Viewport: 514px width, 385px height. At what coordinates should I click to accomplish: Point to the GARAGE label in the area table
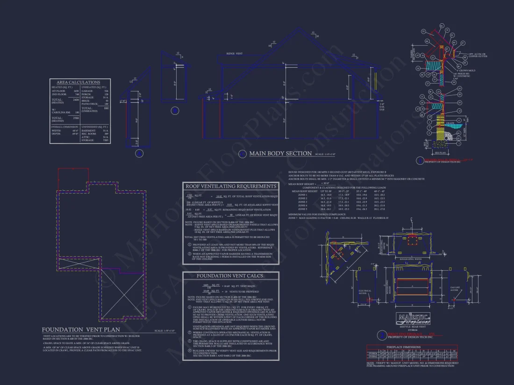coord(88,91)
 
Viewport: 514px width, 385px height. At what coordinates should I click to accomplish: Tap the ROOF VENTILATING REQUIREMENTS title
coord(231,186)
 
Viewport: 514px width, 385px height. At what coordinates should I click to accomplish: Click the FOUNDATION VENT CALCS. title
coord(231,276)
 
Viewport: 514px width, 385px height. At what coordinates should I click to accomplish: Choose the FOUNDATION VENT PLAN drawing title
coord(79,330)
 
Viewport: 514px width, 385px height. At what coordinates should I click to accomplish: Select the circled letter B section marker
coord(175,111)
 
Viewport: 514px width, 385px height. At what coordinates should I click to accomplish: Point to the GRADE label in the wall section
coord(451,124)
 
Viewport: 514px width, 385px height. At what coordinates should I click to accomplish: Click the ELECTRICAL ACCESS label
coord(365,292)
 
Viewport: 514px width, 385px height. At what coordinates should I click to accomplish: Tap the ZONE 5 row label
coord(302,209)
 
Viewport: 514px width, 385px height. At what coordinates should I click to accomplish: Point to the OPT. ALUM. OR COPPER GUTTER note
coord(478,55)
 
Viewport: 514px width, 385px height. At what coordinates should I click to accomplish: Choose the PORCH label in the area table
coord(87,94)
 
